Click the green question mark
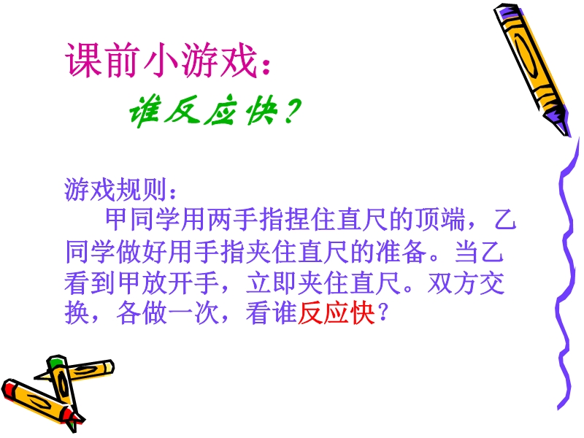click(x=291, y=110)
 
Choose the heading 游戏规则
click(x=115, y=190)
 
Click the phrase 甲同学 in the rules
click(x=143, y=219)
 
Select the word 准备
click(x=401, y=251)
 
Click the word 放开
click(x=156, y=283)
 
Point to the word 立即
click(x=270, y=283)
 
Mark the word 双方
click(x=453, y=283)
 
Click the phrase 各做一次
click(x=167, y=313)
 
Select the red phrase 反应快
click(x=336, y=313)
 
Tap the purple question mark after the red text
click(x=383, y=313)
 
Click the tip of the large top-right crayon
click(x=568, y=135)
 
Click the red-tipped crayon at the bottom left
click(x=40, y=403)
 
